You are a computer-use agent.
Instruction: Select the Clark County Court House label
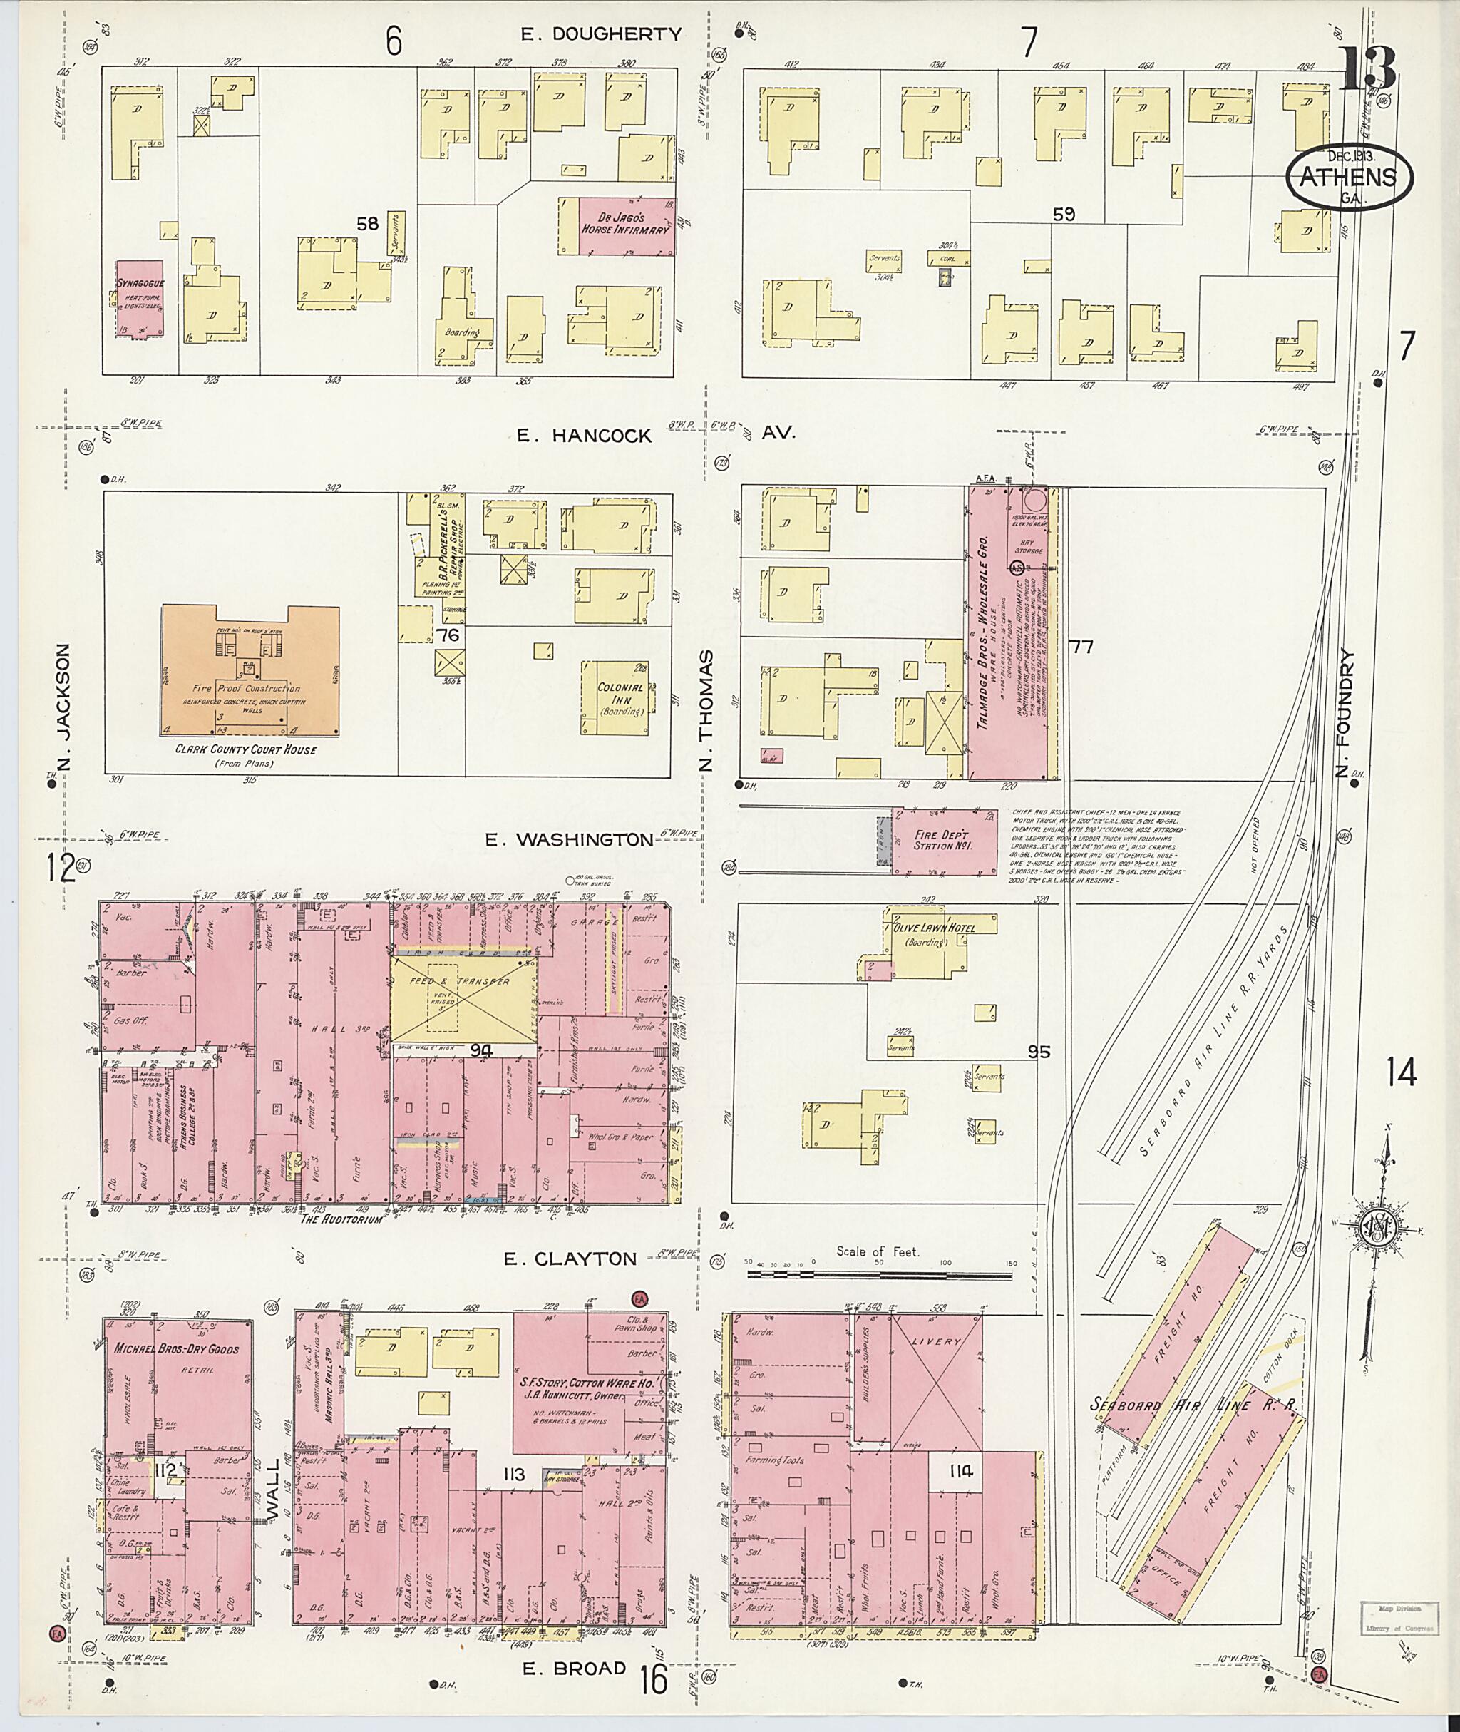click(x=245, y=749)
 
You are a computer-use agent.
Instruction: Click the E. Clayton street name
click(x=570, y=1259)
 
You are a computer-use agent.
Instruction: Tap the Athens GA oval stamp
click(x=1348, y=177)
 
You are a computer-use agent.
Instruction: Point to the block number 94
click(x=482, y=1050)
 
